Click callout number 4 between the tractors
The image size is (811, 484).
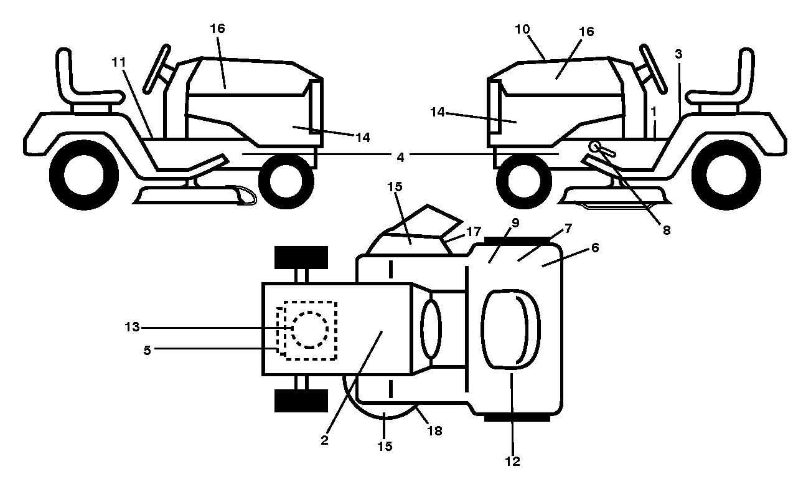pyautogui.click(x=400, y=157)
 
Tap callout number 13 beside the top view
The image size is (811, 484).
pyautogui.click(x=132, y=327)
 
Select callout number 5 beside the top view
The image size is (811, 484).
pyautogui.click(x=147, y=350)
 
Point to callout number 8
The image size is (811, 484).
pyautogui.click(x=667, y=230)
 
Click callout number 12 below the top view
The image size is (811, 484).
pyautogui.click(x=512, y=461)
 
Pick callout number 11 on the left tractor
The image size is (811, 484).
pyautogui.click(x=119, y=62)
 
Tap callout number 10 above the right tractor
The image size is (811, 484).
pyautogui.click(x=522, y=29)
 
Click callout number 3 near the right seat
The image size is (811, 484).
pyautogui.click(x=678, y=54)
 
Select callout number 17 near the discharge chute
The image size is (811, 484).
pyautogui.click(x=474, y=231)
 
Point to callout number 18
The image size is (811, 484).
pyautogui.click(x=435, y=431)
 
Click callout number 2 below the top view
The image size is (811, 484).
pyautogui.click(x=324, y=440)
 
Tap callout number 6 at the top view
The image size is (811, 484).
pyautogui.click(x=595, y=247)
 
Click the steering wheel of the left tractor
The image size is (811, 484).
pyautogui.click(x=157, y=70)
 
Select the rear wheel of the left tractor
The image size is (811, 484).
pyautogui.click(x=84, y=175)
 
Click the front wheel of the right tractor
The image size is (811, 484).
pyautogui.click(x=524, y=181)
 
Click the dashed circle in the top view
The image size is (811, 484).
pyautogui.click(x=309, y=330)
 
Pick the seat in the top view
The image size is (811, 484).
pyautogui.click(x=510, y=330)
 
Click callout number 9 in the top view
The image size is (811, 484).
pyautogui.click(x=515, y=223)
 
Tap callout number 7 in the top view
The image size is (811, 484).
pyautogui.click(x=568, y=229)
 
